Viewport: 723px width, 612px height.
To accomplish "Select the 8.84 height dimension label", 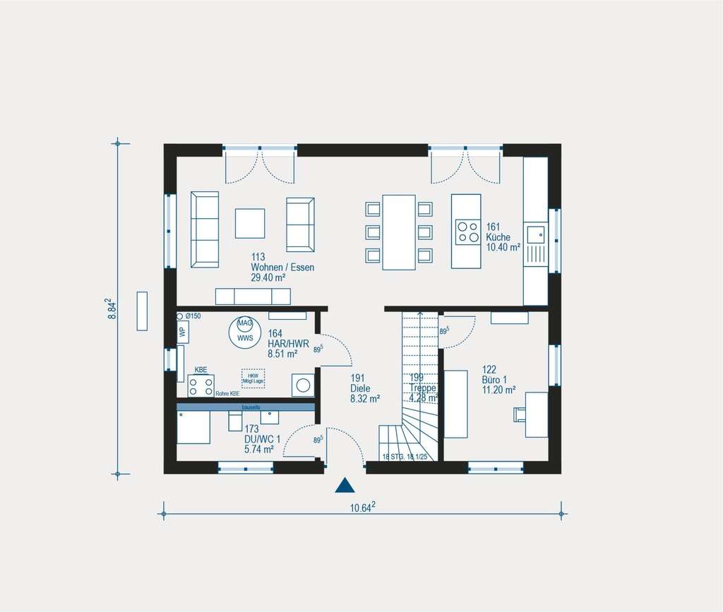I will pyautogui.click(x=112, y=308).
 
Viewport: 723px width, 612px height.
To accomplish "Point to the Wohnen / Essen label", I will pyautogui.click(x=282, y=268).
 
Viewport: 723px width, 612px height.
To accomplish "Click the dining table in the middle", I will pyautogui.click(x=399, y=232).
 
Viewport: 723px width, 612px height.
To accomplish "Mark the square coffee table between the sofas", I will pyautogui.click(x=250, y=223).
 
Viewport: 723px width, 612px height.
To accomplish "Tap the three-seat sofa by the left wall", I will pyautogui.click(x=205, y=229).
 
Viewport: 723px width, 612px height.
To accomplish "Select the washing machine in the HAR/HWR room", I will pyautogui.click(x=303, y=385).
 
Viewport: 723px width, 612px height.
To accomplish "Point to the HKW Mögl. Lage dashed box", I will pyautogui.click(x=252, y=378).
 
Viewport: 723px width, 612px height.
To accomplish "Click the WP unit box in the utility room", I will pyautogui.click(x=182, y=331).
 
